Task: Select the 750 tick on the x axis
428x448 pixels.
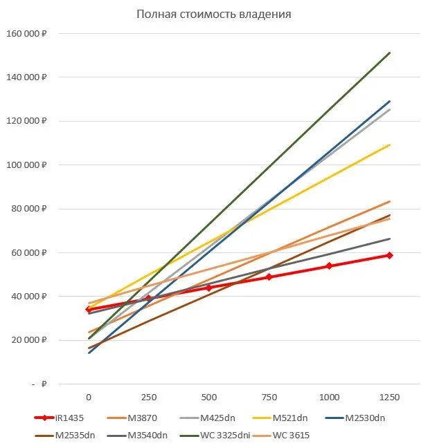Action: coord(269,397)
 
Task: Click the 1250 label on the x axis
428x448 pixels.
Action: coord(389,397)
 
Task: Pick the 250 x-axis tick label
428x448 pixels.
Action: coord(148,397)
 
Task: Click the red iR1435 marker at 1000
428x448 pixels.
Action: coord(329,265)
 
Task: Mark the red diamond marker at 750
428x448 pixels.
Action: coord(269,277)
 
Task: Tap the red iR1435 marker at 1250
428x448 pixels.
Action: coord(389,255)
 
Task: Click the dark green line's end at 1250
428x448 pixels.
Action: coord(389,53)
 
